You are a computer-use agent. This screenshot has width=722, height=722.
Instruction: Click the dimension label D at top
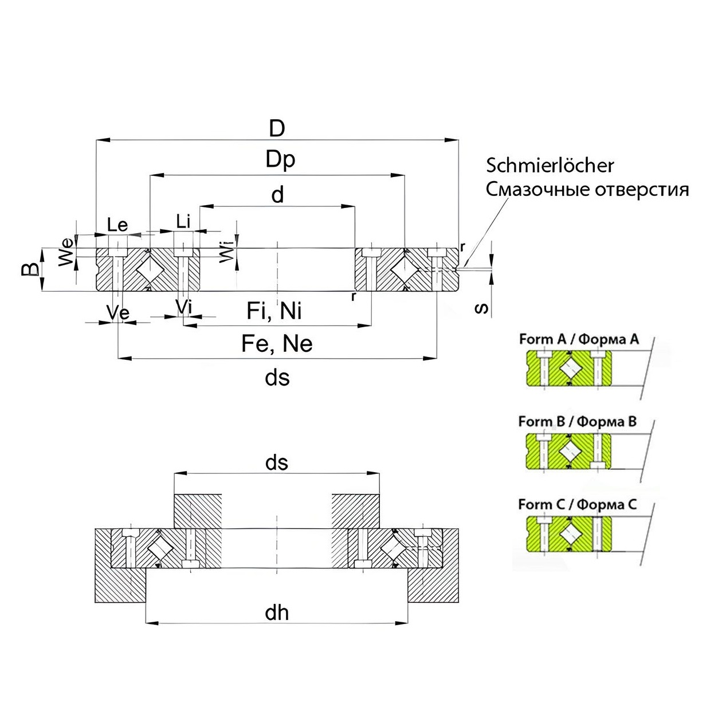277,128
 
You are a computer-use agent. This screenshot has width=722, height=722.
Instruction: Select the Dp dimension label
280,160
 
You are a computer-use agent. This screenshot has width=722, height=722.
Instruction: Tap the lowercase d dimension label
277,195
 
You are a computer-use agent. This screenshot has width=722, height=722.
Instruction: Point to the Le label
117,225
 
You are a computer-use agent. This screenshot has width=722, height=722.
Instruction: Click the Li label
183,221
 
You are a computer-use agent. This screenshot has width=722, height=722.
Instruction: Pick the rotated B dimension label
30,269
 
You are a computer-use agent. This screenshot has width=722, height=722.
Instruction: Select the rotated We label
66,252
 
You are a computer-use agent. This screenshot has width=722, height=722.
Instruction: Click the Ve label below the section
118,313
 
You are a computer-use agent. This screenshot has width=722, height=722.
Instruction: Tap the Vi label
183,307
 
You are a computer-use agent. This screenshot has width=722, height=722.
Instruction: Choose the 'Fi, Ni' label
274,311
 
